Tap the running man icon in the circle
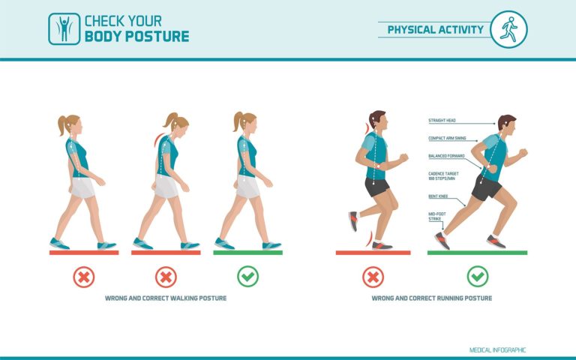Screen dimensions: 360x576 [x=508, y=29]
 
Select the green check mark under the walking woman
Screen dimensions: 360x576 [x=247, y=277]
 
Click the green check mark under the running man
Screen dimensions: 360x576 [x=477, y=277]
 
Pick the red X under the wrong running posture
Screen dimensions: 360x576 [x=373, y=277]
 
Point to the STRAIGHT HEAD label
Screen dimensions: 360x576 [x=442, y=121]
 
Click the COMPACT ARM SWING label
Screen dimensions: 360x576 [x=447, y=138]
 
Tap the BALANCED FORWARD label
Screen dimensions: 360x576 [x=445, y=156]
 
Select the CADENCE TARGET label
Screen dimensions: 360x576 [x=443, y=175]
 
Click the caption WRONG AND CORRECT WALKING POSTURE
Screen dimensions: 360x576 [x=166, y=298]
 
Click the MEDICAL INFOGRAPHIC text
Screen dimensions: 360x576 [x=497, y=349]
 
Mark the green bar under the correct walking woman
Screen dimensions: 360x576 [x=247, y=253]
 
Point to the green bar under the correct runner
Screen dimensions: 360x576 [x=477, y=253]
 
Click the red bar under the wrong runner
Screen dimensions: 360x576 [x=373, y=253]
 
